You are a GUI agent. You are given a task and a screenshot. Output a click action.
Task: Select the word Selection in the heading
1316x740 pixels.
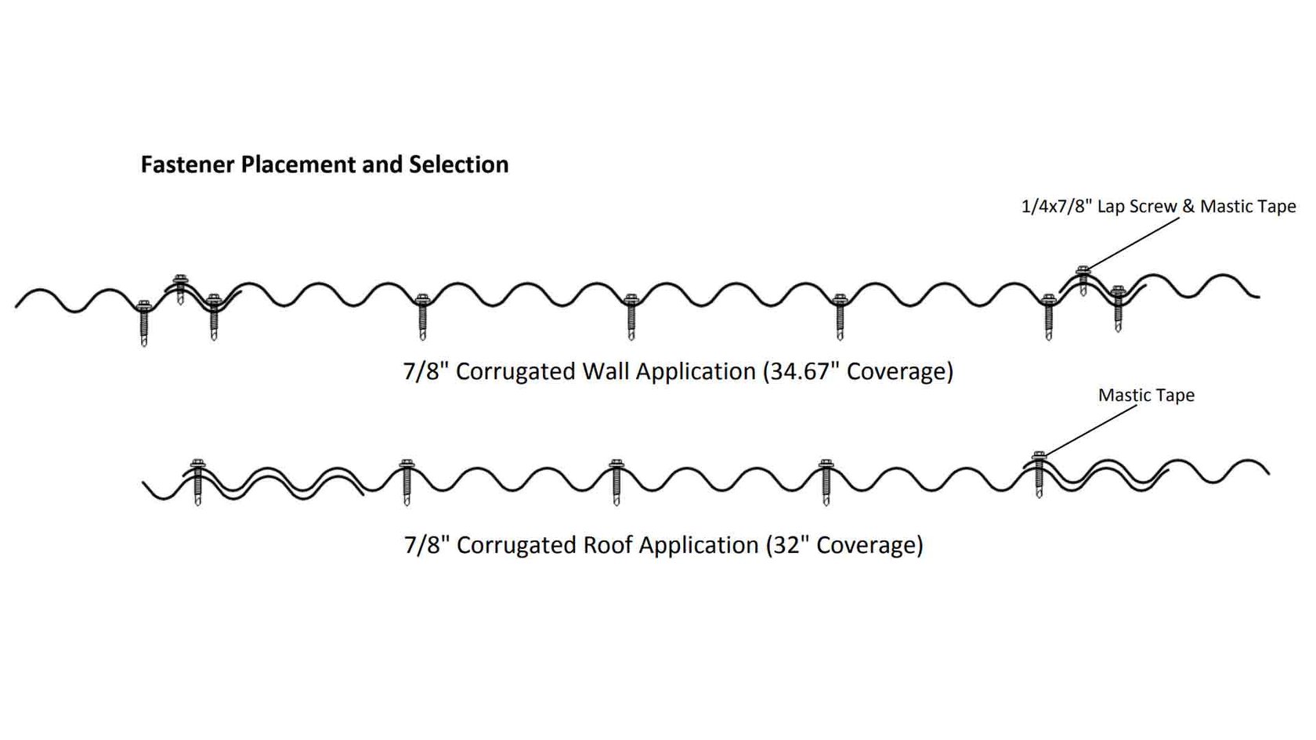458,164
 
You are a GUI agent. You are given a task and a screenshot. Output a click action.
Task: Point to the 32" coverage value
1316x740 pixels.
786,544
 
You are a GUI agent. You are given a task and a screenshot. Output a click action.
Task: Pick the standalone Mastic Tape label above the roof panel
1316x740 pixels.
1146,395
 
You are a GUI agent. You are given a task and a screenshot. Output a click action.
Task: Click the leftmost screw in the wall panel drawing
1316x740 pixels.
143,322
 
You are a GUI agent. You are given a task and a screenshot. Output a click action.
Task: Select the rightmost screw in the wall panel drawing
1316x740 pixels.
1118,309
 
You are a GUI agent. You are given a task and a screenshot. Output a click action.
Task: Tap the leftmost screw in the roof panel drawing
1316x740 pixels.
197,481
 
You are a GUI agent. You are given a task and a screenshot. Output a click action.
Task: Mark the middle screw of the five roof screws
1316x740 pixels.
616,481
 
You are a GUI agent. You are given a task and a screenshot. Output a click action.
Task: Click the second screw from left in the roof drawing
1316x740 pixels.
406,481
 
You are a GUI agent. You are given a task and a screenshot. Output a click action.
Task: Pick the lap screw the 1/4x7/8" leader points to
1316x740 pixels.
1083,280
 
